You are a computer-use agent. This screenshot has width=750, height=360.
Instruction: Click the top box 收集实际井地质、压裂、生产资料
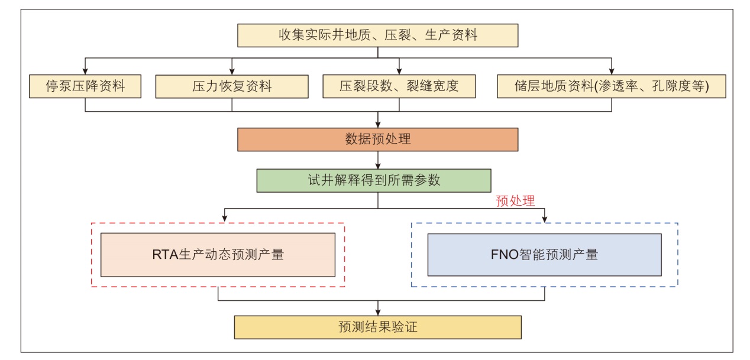tap(377, 35)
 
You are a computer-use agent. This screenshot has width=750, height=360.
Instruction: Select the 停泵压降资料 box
tap(85, 86)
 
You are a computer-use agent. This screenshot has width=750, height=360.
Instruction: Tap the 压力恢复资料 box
tap(231, 86)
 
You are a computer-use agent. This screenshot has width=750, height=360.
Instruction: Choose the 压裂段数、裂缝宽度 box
tap(399, 86)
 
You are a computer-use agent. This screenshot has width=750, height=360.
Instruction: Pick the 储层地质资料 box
tap(612, 86)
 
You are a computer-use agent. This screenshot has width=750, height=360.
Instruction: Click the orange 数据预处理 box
tap(377, 140)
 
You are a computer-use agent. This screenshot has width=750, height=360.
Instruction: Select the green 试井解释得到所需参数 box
tap(374, 180)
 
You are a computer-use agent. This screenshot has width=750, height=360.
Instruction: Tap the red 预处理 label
tap(515, 201)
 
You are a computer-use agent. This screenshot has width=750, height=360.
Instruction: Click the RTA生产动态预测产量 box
tap(218, 255)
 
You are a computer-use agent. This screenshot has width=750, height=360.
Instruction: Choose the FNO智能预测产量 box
tap(544, 255)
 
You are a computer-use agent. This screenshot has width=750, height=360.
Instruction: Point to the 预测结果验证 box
tap(377, 327)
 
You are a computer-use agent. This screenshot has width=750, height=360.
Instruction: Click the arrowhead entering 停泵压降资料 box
tap(85, 71)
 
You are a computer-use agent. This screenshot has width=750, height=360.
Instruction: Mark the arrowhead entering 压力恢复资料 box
tap(231, 71)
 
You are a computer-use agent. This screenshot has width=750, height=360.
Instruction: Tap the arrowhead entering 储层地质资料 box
tap(612, 71)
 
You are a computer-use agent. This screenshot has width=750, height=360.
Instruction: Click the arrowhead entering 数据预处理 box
tap(378, 124)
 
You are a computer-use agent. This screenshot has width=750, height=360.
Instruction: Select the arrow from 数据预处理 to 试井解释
tap(378, 160)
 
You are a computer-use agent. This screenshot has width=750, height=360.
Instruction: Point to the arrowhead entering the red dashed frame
tap(225, 219)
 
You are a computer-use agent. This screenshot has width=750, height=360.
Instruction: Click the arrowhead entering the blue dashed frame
tap(544, 219)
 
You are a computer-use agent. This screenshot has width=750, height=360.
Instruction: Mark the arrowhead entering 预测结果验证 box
tap(378, 312)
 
